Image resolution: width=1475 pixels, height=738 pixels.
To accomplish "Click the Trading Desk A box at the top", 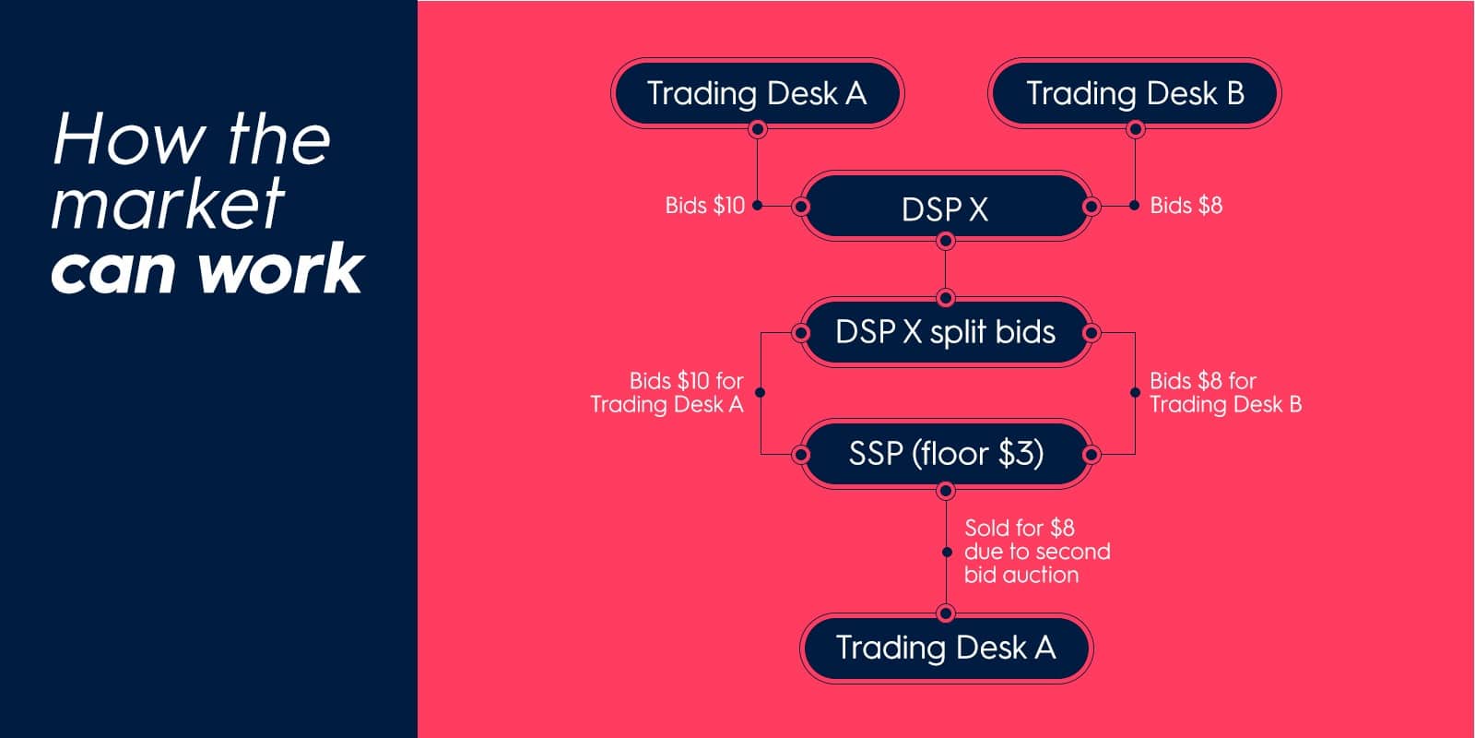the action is tap(757, 93).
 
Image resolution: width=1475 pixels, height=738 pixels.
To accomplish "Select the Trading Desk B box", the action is tap(1135, 93).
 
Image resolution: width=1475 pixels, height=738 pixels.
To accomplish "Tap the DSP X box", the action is tap(946, 207).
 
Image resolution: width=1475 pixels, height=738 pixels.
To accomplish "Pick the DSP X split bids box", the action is tap(946, 332).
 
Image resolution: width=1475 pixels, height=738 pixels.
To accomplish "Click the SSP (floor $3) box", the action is tap(946, 454).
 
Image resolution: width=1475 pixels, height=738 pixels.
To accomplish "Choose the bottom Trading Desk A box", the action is tap(946, 649).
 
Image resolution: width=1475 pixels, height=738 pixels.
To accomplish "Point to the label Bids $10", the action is tap(704, 206).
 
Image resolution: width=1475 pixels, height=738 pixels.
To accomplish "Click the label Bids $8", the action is tap(1186, 206).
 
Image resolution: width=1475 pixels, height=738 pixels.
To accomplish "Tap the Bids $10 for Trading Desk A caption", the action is tap(667, 393).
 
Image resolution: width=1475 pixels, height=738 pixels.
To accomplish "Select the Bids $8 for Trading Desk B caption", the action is tap(1225, 393).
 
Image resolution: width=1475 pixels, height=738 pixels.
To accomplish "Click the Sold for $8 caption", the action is tap(1037, 552).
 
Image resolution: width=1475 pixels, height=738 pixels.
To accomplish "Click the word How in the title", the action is tap(128, 139).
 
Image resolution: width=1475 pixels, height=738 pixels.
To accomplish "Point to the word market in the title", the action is tap(167, 203).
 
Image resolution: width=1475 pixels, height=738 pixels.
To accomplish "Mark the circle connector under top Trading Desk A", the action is tap(757, 128).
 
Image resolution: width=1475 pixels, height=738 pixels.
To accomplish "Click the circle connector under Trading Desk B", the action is tap(1135, 128).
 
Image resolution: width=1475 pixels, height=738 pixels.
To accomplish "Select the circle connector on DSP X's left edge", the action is tap(801, 207).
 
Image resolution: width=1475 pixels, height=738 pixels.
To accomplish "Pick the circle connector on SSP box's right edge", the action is tap(1091, 454).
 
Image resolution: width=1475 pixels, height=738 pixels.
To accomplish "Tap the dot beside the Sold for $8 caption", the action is tap(946, 553).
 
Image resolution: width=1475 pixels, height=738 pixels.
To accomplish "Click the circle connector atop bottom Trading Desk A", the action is tap(946, 613).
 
